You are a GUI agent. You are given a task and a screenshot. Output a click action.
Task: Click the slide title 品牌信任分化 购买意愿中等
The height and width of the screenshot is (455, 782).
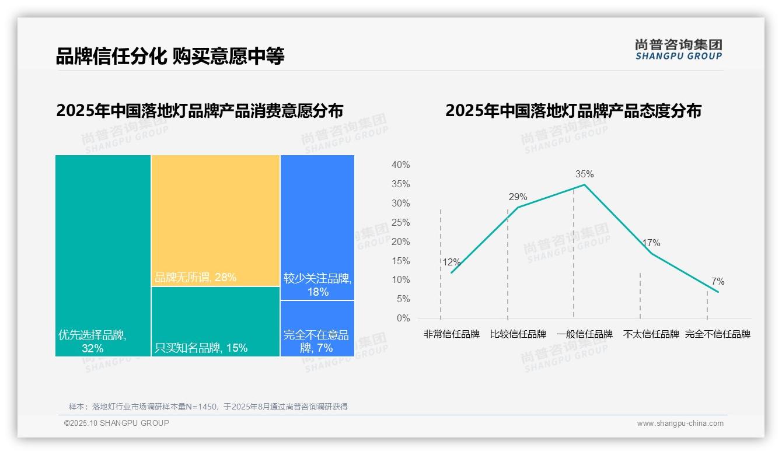170,56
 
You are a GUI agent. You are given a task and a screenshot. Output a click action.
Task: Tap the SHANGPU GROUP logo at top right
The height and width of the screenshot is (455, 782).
678,50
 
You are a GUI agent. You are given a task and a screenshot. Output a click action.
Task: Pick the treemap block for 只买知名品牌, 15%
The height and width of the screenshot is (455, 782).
216,321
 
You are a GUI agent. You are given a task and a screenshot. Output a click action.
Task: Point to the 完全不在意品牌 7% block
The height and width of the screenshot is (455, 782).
317,328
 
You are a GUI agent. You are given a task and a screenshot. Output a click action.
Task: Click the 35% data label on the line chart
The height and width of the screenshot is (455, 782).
584,174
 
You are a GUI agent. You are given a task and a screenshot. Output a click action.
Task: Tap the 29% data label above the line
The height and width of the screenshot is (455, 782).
518,197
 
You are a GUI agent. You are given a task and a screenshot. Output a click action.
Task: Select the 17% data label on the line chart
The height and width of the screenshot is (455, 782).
651,243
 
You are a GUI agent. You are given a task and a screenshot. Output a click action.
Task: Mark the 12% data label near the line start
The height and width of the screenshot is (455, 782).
451,262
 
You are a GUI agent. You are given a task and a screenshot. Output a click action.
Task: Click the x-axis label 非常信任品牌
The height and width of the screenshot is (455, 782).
451,334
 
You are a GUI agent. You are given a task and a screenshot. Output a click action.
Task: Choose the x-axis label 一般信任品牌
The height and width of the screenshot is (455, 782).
584,334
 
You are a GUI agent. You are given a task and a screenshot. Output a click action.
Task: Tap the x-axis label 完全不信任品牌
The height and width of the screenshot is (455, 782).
717,334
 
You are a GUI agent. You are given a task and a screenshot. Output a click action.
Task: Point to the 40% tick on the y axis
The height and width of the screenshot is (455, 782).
400,165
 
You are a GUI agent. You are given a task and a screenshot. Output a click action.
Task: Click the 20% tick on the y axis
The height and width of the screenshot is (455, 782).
400,242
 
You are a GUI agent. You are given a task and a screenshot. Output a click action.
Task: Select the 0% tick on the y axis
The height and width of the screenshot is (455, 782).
403,318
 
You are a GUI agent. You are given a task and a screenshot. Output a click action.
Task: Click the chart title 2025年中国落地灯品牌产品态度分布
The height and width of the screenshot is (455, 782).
573,111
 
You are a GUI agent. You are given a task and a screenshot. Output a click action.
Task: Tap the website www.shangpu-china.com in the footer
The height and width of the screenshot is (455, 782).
680,423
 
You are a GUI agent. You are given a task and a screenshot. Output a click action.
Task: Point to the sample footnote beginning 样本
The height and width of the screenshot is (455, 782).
208,407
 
